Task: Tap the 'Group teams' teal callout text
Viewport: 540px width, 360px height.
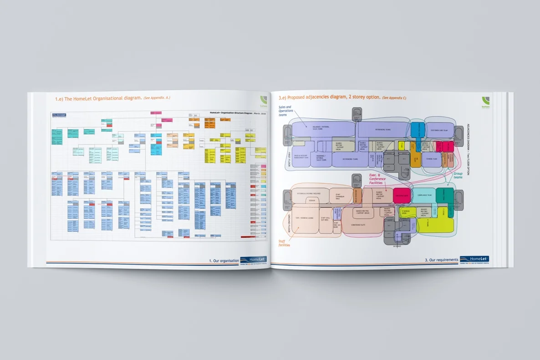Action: click(x=458, y=175)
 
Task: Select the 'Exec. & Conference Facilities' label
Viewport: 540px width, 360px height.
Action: click(x=377, y=179)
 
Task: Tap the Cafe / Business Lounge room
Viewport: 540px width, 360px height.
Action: click(x=305, y=218)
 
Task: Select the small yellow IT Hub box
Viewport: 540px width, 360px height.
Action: click(x=402, y=146)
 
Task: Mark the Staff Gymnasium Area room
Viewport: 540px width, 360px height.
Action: click(x=338, y=195)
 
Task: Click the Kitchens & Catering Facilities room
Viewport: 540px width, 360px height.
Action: click(x=309, y=193)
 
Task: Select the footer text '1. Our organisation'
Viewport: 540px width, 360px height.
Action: click(x=224, y=261)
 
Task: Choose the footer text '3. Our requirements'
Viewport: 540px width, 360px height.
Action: click(x=441, y=260)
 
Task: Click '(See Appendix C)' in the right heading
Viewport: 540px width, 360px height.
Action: click(x=394, y=98)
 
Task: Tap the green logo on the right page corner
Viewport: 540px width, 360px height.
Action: click(x=486, y=101)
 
